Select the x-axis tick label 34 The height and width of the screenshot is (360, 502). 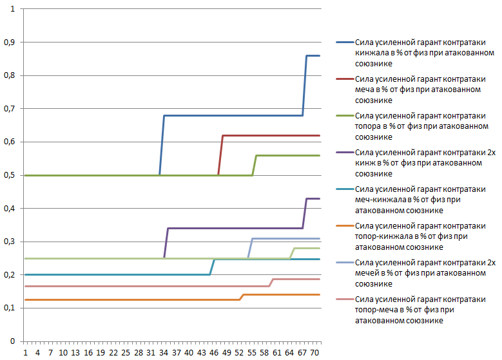[x=164, y=353]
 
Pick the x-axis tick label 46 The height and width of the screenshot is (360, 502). [x=214, y=353]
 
